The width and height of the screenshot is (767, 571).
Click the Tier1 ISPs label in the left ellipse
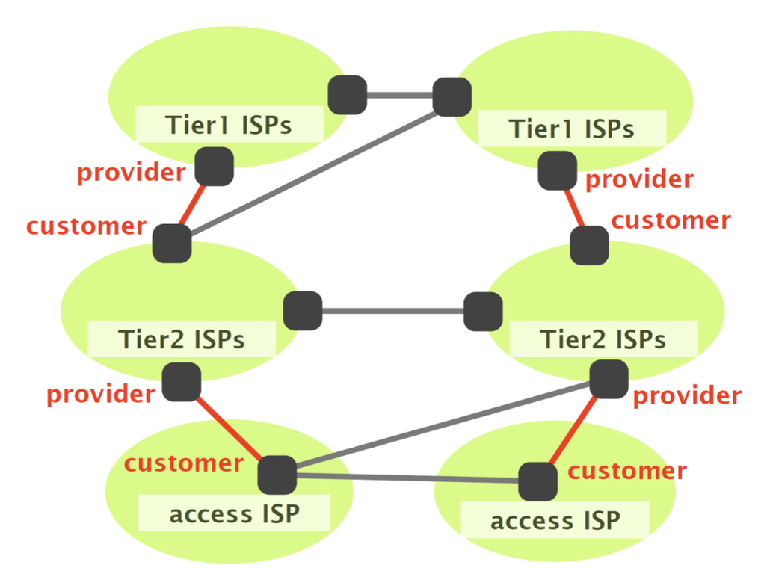(229, 125)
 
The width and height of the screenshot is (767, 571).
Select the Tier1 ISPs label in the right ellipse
(572, 129)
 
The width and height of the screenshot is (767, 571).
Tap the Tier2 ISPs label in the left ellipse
(182, 339)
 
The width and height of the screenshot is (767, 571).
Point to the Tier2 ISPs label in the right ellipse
(603, 340)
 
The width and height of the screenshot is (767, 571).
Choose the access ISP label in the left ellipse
(234, 514)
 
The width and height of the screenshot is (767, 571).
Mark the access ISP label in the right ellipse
(555, 520)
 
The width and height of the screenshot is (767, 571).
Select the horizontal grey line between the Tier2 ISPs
(392, 311)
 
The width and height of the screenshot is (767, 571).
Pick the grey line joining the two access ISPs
(407, 477)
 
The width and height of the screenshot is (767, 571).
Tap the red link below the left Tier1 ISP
(194, 206)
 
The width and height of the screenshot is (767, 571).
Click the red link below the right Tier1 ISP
(574, 209)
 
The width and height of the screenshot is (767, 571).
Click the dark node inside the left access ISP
(277, 474)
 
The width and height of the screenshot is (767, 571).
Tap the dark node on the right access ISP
(538, 482)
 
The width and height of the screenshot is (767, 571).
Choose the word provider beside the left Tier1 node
(132, 173)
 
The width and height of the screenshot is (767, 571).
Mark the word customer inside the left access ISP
(183, 463)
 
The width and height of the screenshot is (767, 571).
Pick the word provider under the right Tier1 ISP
(639, 180)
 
